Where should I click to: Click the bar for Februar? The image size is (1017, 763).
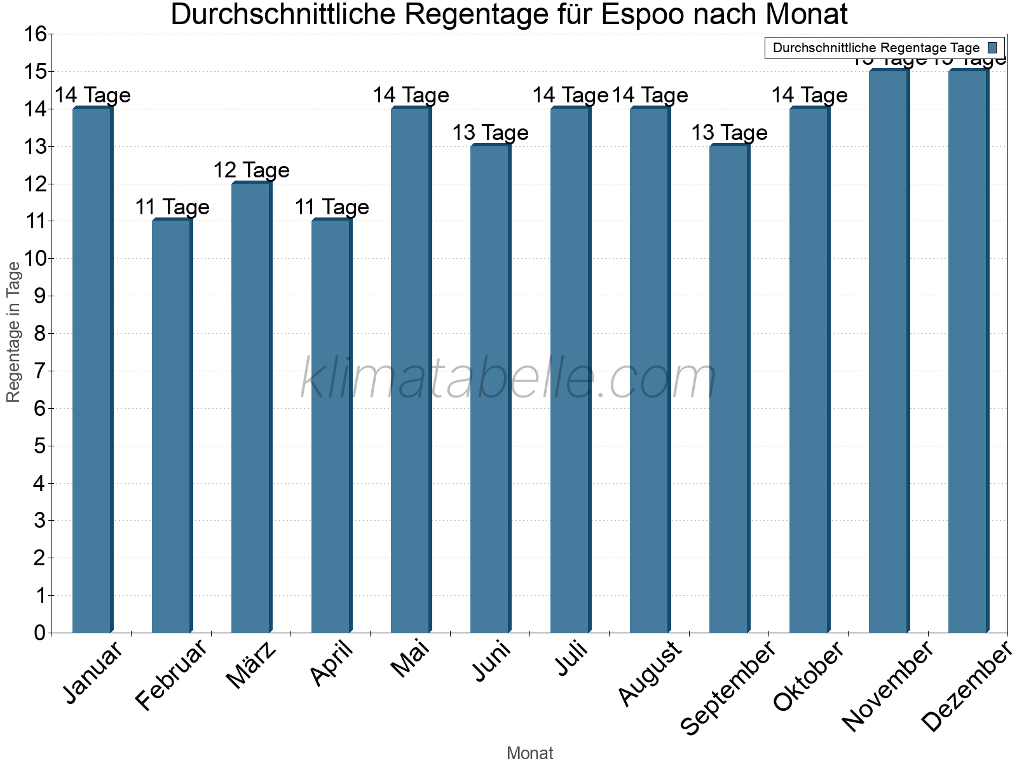pyautogui.click(x=172, y=426)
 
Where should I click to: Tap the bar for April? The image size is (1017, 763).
pyautogui.click(x=331, y=426)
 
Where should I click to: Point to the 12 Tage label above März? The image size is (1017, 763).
pyautogui.click(x=251, y=170)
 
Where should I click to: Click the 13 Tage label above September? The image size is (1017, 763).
pyautogui.click(x=729, y=133)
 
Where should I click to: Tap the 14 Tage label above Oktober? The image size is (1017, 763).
pyautogui.click(x=809, y=95)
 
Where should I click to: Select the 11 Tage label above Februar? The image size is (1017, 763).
pyautogui.click(x=172, y=207)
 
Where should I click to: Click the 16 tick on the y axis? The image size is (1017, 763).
pyautogui.click(x=36, y=34)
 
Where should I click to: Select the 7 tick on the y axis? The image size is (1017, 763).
pyautogui.click(x=39, y=371)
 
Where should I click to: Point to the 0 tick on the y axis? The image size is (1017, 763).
pyautogui.click(x=39, y=633)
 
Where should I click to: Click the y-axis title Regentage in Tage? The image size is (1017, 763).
pyautogui.click(x=14, y=332)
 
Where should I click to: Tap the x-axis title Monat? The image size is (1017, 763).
pyautogui.click(x=529, y=753)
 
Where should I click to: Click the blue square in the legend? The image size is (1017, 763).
pyautogui.click(x=992, y=48)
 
